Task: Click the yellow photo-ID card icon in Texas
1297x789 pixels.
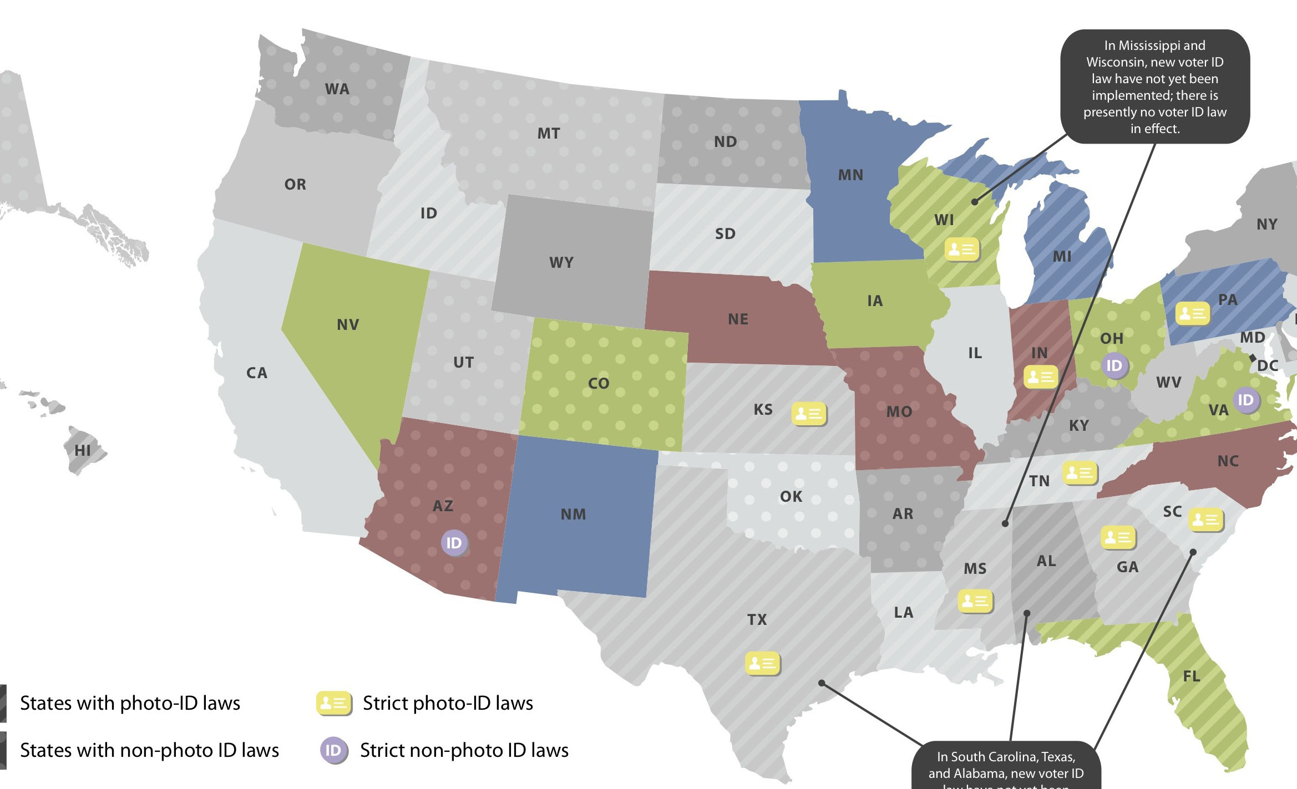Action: (x=762, y=663)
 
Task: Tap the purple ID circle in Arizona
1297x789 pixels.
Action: (x=454, y=543)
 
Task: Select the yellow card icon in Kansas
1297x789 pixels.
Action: (x=808, y=414)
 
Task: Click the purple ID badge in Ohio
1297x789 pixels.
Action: (x=1114, y=365)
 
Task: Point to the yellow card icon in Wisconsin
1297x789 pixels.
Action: (x=961, y=250)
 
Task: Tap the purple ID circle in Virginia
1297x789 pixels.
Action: (x=1245, y=400)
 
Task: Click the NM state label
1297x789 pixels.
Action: (x=573, y=514)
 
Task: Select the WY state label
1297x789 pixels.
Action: (x=561, y=262)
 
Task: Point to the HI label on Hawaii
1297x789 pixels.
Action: (x=83, y=450)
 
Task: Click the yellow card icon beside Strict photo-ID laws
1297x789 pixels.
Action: (x=333, y=703)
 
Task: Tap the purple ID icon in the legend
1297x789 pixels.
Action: (x=333, y=750)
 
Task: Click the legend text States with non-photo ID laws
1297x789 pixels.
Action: (x=149, y=750)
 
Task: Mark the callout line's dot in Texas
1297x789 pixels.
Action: (x=822, y=683)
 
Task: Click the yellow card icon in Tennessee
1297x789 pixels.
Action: (x=1080, y=473)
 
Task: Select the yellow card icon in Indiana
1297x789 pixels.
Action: (x=1040, y=377)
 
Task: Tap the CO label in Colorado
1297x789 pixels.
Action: (x=599, y=383)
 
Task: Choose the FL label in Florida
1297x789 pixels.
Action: (x=1191, y=676)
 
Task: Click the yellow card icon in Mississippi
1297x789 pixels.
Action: (x=975, y=601)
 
